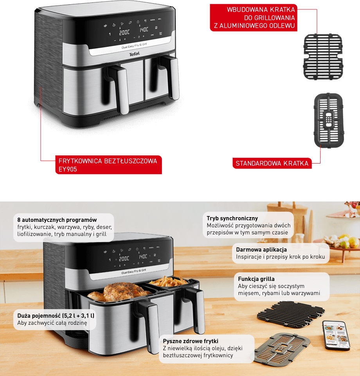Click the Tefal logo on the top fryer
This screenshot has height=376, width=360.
click(x=134, y=54)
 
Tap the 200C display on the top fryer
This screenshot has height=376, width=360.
click(x=124, y=32)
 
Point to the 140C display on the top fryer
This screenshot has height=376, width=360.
click(x=144, y=30)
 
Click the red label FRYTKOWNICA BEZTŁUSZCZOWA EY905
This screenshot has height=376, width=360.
click(x=108, y=165)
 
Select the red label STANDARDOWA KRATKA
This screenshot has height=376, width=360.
click(x=272, y=163)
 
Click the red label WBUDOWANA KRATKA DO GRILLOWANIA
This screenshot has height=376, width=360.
click(x=254, y=18)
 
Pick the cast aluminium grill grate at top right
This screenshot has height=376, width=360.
click(x=323, y=57)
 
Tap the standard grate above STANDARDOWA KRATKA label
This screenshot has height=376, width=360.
click(x=329, y=121)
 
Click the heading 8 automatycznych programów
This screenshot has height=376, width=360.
click(x=57, y=220)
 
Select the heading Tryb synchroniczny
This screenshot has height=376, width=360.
click(x=232, y=218)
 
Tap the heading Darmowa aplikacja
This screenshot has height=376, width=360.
click(x=261, y=250)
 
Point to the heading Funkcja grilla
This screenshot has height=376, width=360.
click(x=256, y=279)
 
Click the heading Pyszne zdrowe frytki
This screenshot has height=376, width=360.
click(x=191, y=341)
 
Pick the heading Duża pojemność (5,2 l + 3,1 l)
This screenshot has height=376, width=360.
click(x=56, y=316)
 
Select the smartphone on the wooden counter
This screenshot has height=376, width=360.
click(x=336, y=335)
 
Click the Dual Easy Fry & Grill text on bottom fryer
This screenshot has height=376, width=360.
click(x=133, y=272)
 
